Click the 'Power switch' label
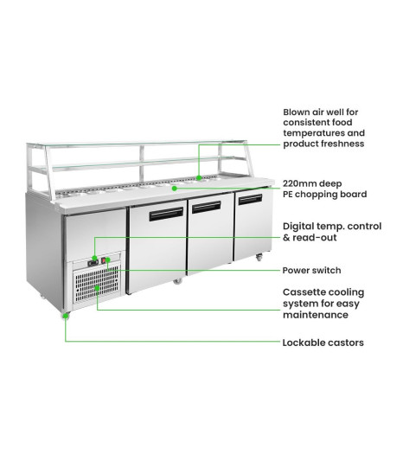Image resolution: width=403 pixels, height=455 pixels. [311, 271]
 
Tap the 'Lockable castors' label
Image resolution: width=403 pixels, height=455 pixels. [323, 343]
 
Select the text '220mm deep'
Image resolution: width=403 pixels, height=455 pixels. [312, 183]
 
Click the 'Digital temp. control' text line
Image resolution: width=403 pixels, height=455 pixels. [332, 227]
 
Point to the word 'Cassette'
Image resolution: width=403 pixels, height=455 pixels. [303, 292]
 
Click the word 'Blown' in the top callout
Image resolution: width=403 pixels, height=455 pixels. [297, 112]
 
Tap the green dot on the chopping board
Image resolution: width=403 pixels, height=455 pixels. [175, 189]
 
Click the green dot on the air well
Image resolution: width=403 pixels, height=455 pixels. [199, 177]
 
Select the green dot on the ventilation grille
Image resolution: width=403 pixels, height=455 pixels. [97, 288]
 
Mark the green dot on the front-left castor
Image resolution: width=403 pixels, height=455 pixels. [66, 316]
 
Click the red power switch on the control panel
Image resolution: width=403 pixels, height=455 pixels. [104, 261]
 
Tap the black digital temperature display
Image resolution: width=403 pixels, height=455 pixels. [93, 263]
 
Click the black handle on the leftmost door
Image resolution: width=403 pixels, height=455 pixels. [166, 214]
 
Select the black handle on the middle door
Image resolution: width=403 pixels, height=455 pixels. [207, 207]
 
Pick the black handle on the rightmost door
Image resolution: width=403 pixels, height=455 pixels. [250, 199]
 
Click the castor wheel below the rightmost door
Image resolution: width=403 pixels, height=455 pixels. [259, 257]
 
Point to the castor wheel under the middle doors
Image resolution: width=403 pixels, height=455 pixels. [177, 280]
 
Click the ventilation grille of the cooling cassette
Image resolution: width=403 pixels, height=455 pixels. [97, 283]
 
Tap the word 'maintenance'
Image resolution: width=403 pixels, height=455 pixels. [316, 315]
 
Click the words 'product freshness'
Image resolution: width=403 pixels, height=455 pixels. [323, 144]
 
